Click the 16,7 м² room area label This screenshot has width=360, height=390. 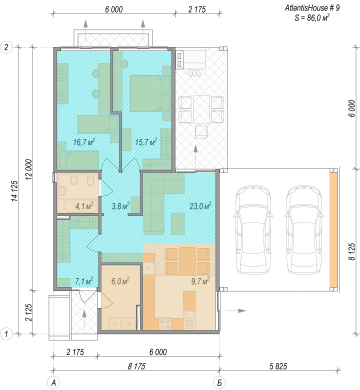[84, 142]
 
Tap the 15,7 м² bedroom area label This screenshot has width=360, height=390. [146, 142]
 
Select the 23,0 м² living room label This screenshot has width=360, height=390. [200, 205]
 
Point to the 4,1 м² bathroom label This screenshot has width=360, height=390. [84, 206]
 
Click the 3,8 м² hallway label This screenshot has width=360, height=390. [120, 205]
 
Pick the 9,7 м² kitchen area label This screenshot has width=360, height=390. [200, 281]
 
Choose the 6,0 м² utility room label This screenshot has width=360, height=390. [120, 281]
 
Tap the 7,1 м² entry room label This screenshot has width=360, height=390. [84, 281]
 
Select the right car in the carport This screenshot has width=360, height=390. [304, 229]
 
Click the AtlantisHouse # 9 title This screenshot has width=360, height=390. [312, 8]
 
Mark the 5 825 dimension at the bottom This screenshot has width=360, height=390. [278, 366]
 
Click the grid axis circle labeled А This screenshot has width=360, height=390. [53, 383]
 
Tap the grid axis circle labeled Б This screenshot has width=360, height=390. [219, 383]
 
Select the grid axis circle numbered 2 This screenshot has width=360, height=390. [6, 47]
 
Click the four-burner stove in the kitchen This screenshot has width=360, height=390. [165, 323]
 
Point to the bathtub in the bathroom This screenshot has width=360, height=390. [80, 206]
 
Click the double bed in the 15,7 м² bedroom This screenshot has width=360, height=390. [150, 93]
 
